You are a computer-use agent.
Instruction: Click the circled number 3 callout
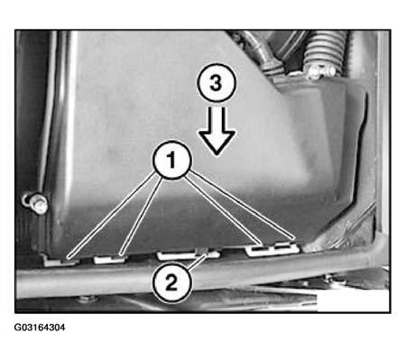pyautogui.click(x=217, y=83)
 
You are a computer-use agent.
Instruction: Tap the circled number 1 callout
pyautogui.click(x=171, y=160)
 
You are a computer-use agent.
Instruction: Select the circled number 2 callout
pyautogui.click(x=171, y=283)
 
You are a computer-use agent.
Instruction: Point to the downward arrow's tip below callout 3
pyautogui.click(x=217, y=155)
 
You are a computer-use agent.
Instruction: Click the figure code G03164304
pyautogui.click(x=40, y=328)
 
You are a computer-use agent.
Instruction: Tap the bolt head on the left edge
pyautogui.click(x=36, y=202)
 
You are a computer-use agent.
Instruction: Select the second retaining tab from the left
pyautogui.click(x=109, y=259)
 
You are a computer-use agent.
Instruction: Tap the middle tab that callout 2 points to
pyautogui.click(x=189, y=254)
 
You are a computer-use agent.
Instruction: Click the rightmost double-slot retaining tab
pyautogui.click(x=272, y=249)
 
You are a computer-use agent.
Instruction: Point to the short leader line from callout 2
pyautogui.click(x=197, y=262)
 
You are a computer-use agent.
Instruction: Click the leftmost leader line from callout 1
pyautogui.click(x=111, y=216)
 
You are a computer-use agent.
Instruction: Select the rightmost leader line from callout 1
pyautogui.click(x=243, y=207)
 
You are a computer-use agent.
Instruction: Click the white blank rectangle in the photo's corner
pyautogui.click(x=354, y=301)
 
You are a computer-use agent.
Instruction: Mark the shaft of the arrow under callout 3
pyautogui.click(x=217, y=119)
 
